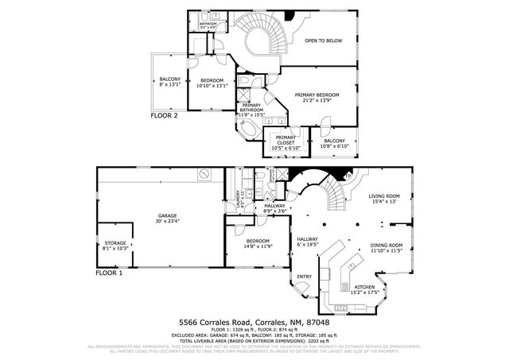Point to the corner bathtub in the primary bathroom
249,132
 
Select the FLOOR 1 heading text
109,273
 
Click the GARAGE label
167,218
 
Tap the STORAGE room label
115,246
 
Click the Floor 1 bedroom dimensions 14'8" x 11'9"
257,246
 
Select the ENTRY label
304,277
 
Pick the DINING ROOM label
387,248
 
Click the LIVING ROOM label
383,199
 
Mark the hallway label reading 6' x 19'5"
308,242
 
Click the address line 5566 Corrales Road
253,323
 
